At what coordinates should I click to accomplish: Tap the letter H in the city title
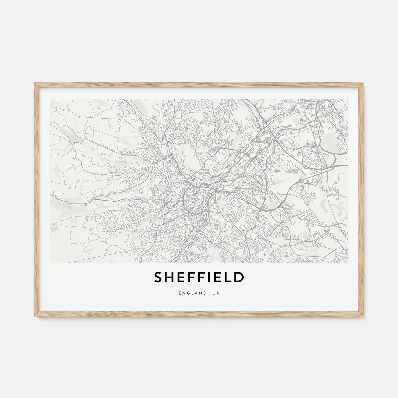point(170,278)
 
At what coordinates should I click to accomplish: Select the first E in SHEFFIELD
point(181,278)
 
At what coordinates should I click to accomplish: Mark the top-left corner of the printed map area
point(50,99)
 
